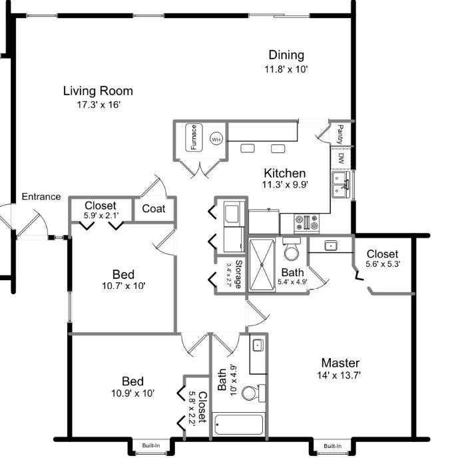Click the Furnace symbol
click(x=194, y=137)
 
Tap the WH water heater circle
click(x=216, y=138)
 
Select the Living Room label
click(x=98, y=91)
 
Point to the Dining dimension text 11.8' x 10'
click(x=286, y=69)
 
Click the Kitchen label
click(x=285, y=173)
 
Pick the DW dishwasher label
click(x=341, y=158)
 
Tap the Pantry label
click(x=340, y=134)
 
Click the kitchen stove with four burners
click(x=306, y=223)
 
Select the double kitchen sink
click(x=341, y=184)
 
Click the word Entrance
click(x=41, y=196)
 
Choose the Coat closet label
click(x=153, y=208)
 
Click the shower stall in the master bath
click(x=262, y=264)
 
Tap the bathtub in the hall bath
click(x=238, y=424)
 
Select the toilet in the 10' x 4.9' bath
click(x=254, y=393)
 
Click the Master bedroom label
click(x=340, y=363)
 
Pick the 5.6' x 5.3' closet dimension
click(x=383, y=264)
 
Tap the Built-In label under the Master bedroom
click(x=333, y=446)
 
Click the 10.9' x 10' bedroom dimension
click(x=133, y=393)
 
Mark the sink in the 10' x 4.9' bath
click(x=258, y=346)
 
